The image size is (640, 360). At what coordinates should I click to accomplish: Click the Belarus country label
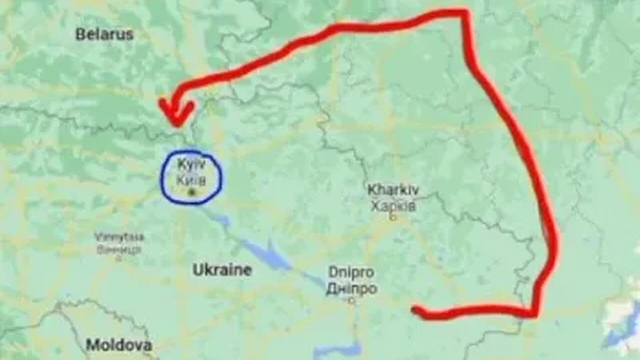(x=104, y=34)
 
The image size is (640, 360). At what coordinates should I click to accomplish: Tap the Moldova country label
(x=118, y=345)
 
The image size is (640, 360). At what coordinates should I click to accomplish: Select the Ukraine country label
(x=222, y=270)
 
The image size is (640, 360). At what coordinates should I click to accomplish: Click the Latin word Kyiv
(x=191, y=164)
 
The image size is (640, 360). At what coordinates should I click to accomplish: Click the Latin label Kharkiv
(x=393, y=190)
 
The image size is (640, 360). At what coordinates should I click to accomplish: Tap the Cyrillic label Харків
(x=393, y=205)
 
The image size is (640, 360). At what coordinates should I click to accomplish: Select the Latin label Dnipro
(x=351, y=272)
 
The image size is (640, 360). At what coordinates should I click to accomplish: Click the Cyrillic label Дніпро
(x=351, y=288)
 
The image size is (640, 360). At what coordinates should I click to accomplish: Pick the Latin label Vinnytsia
(x=119, y=236)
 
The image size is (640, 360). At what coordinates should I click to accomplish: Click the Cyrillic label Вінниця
(x=119, y=249)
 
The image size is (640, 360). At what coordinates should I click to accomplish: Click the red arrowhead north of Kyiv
(x=175, y=112)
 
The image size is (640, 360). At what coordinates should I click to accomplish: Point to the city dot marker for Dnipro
(x=351, y=301)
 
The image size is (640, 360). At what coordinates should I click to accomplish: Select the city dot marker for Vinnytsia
(x=118, y=259)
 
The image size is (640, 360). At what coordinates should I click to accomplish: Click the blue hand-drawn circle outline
(x=161, y=177)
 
